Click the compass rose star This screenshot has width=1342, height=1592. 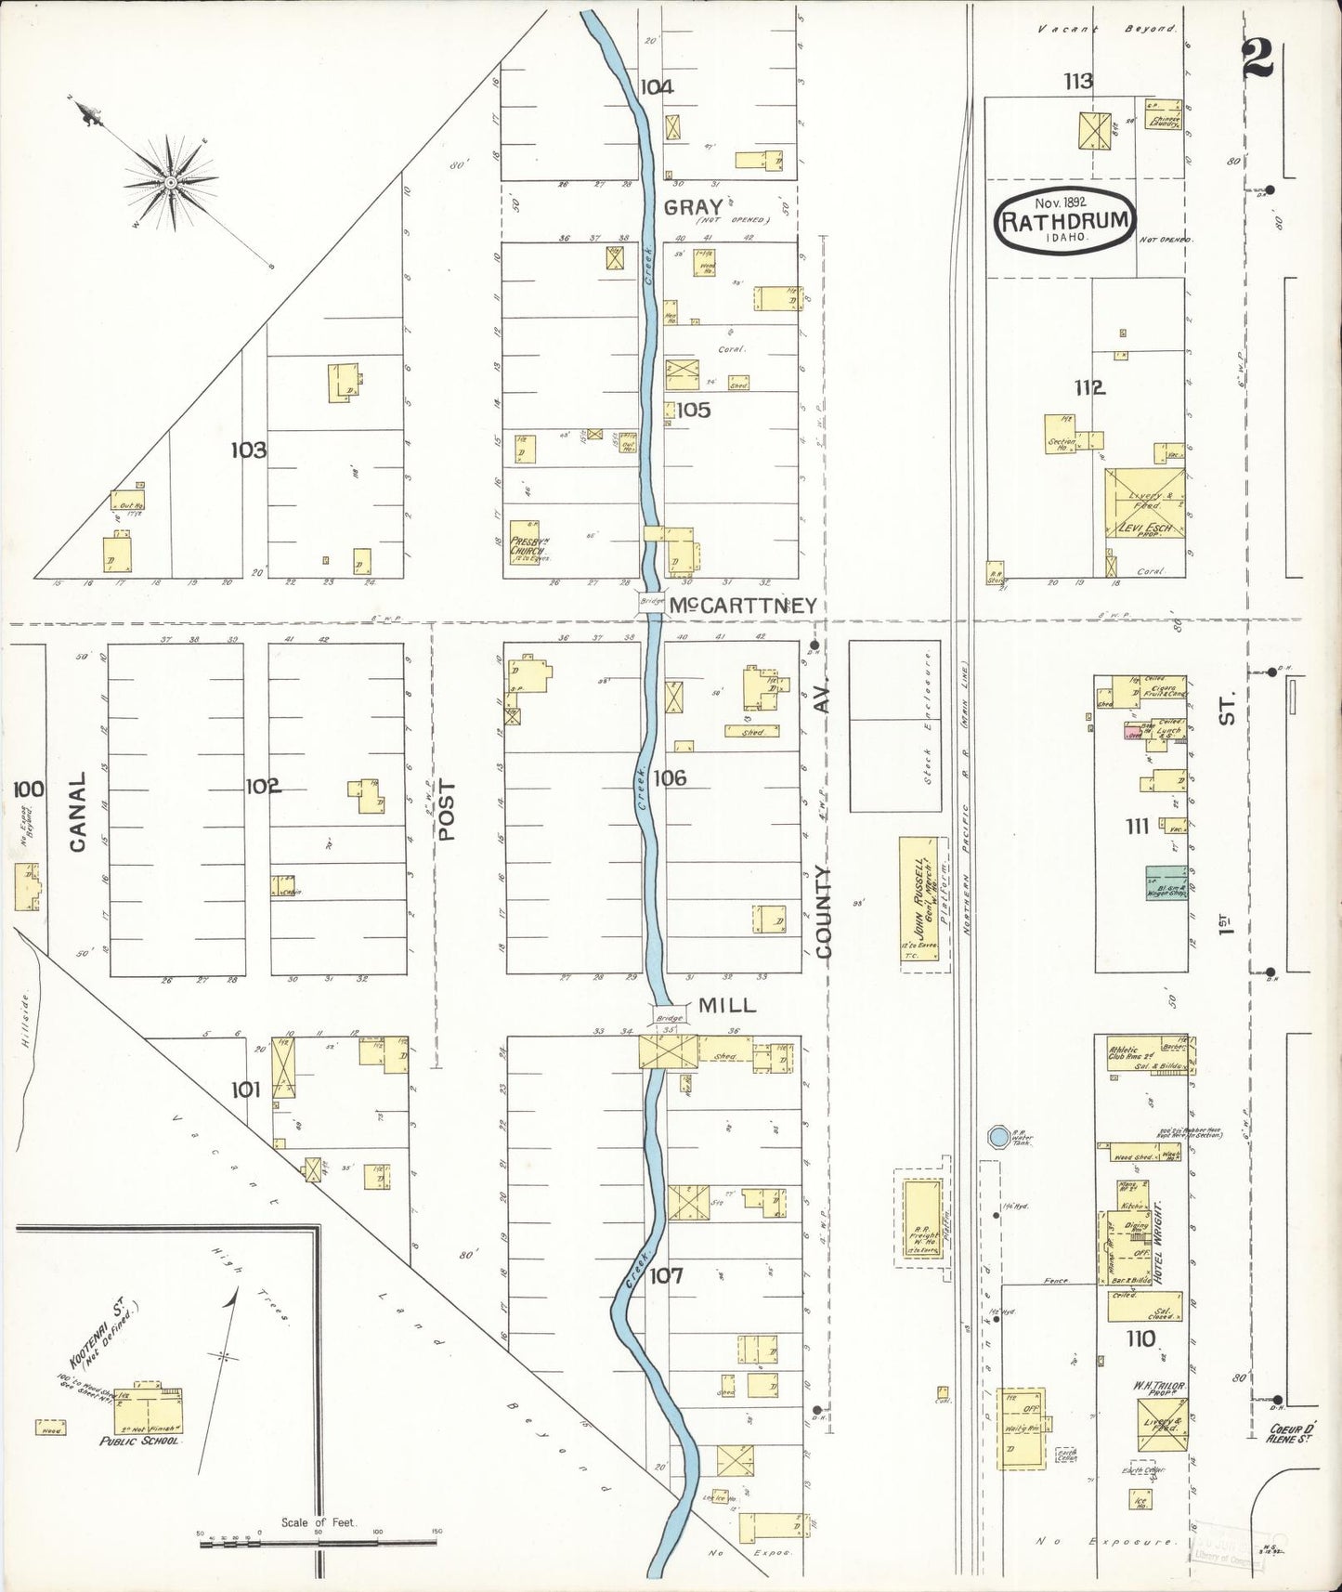[x=171, y=183]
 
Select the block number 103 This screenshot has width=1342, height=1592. [x=248, y=450]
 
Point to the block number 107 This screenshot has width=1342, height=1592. [x=666, y=1275]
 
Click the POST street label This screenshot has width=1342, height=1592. [x=448, y=810]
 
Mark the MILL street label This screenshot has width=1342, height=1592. [x=727, y=1004]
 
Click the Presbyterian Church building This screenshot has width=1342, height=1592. [x=525, y=544]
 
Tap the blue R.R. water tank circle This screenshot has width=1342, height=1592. [x=998, y=1136]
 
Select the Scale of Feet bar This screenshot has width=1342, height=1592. [x=319, y=1543]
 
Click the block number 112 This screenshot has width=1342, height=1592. [x=1089, y=388]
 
